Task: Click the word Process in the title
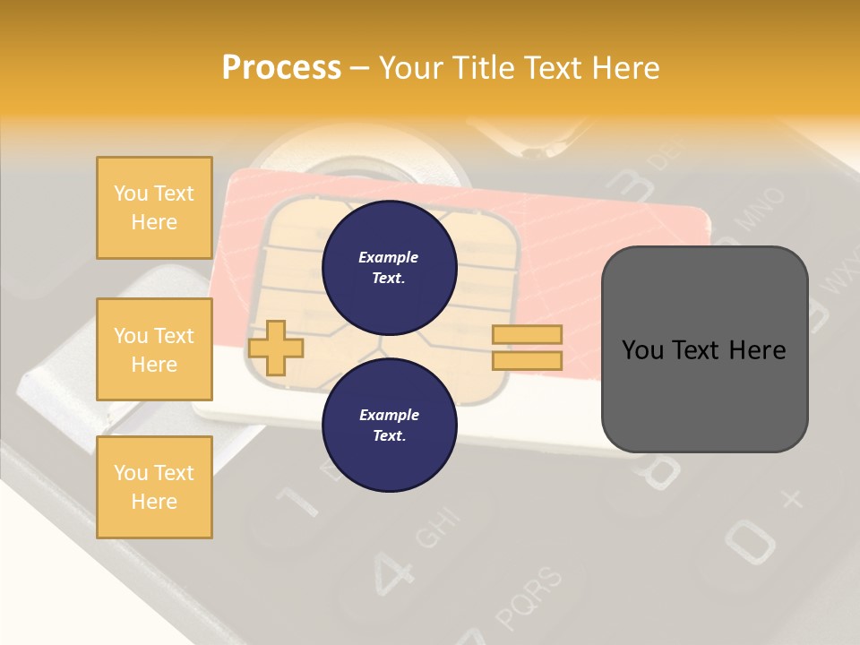[x=281, y=68]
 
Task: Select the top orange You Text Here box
[x=154, y=208]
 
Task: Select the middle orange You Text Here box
[x=154, y=349]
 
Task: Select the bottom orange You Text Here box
[x=154, y=487]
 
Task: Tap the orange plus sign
[x=275, y=348]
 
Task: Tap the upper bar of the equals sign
[x=527, y=334]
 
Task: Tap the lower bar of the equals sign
[x=527, y=361]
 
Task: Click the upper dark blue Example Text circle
[x=389, y=267]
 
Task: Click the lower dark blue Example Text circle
[x=389, y=425]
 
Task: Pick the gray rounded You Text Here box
[x=704, y=349]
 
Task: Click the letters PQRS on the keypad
[x=531, y=598]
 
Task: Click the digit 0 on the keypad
[x=749, y=538]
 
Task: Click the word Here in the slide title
[x=622, y=68]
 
